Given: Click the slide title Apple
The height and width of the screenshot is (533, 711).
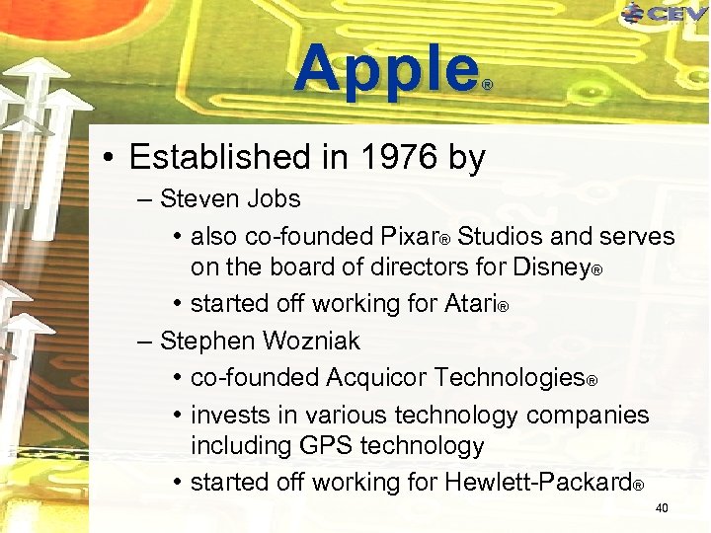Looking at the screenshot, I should pos(385,69).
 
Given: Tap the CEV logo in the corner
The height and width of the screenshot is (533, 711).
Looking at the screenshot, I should pos(667,14).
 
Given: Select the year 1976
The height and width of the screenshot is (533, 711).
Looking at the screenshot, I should pos(394,157).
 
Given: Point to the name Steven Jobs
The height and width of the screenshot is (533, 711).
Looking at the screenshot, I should pos(230,199).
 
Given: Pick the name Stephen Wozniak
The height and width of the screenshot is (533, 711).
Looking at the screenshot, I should pos(260,342).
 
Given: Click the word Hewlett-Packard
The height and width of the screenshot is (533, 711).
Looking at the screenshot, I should pos(538,483).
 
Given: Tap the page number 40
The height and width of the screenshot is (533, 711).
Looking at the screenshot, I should pos(662,508).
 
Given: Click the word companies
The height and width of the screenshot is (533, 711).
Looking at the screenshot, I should pos(588,415).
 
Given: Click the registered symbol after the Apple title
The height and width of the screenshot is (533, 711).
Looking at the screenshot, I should pos(486,87).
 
